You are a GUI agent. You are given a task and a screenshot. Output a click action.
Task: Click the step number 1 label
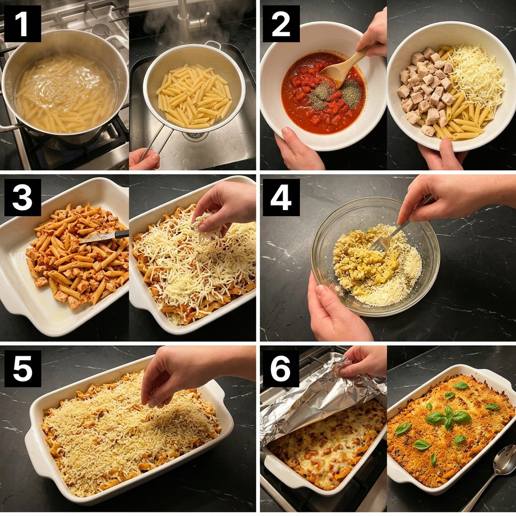coord(22,24)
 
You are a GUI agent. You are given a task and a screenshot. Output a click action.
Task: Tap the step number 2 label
coord(281,24)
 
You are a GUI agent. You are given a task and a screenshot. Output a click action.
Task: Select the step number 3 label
coord(22,198)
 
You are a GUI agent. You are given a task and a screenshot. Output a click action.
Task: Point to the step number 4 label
coord(281,198)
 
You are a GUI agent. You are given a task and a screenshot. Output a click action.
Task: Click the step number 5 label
coord(22,368)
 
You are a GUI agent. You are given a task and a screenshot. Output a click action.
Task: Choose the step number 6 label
coord(281,368)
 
